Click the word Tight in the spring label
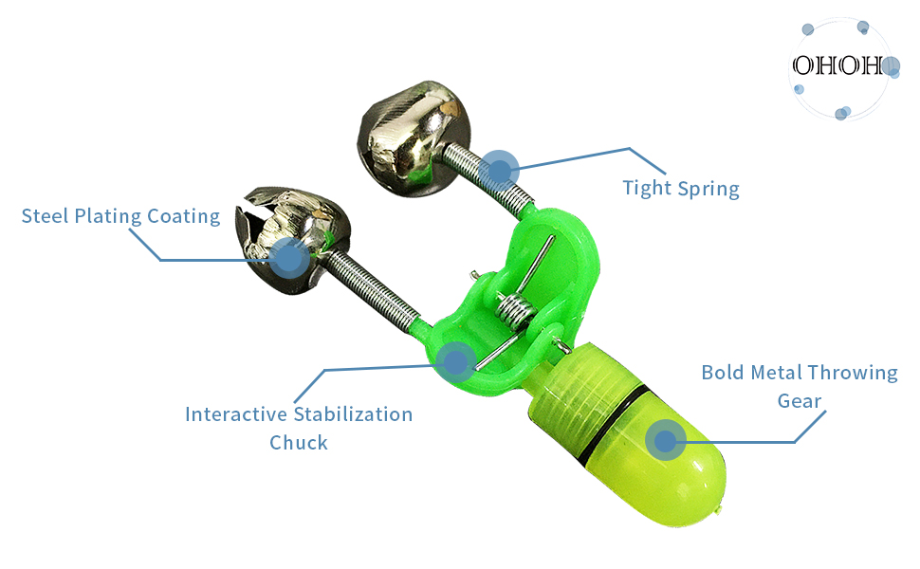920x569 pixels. point(647,189)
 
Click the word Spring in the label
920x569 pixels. point(708,189)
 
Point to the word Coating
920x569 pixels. point(184,216)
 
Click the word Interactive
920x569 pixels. point(236,414)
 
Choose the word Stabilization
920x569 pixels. point(353,414)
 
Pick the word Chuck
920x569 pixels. point(299,442)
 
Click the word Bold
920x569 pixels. point(723,373)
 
